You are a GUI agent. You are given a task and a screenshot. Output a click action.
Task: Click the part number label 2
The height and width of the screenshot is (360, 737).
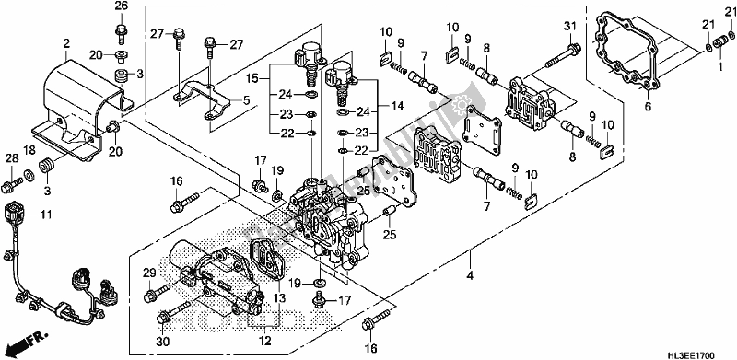[66, 44]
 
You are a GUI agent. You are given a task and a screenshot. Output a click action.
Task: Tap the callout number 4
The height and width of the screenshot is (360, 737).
[470, 276]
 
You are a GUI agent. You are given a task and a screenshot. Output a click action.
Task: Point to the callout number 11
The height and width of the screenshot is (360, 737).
[45, 215]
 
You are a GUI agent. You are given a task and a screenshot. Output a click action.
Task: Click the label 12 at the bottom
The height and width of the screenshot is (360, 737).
[264, 342]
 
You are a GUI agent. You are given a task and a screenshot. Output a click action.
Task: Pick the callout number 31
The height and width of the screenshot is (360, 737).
[569, 28]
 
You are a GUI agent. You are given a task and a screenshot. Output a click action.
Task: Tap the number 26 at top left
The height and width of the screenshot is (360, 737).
[121, 6]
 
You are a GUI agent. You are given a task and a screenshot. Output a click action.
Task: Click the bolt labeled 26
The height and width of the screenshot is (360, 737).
[121, 30]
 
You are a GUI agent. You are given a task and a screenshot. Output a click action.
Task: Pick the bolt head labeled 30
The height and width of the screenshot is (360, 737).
[163, 318]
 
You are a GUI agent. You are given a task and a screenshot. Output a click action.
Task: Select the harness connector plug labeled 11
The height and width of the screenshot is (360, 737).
[14, 213]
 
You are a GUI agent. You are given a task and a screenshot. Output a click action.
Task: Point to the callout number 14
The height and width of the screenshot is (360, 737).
[398, 107]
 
